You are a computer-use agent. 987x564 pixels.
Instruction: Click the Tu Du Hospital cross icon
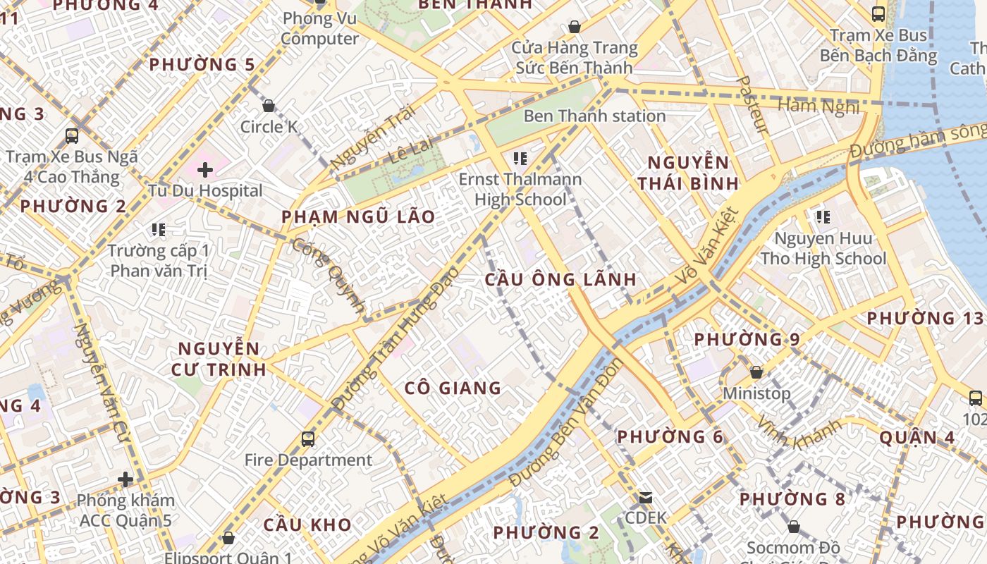205,170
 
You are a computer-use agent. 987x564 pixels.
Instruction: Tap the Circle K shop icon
268,106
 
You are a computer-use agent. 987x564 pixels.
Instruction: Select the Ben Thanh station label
594,116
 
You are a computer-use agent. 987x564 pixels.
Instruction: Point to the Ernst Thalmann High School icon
520,159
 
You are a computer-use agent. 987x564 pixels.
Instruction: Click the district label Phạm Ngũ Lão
358,216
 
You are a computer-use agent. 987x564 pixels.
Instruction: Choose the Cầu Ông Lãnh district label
560,279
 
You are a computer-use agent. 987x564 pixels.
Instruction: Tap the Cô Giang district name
453,388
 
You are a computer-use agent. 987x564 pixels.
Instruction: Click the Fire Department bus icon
307,439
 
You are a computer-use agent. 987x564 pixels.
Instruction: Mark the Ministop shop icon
756,372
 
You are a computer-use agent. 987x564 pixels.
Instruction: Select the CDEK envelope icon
645,498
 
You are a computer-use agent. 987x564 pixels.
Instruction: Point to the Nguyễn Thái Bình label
688,173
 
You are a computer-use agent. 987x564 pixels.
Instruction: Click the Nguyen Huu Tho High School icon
822,217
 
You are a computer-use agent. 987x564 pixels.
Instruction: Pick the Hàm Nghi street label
818,106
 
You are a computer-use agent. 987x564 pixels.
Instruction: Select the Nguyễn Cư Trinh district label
219,359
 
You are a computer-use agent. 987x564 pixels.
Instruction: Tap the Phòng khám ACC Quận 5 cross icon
125,480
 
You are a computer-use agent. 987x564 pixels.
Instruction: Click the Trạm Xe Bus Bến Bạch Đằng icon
878,13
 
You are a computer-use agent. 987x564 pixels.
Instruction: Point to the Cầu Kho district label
307,525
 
